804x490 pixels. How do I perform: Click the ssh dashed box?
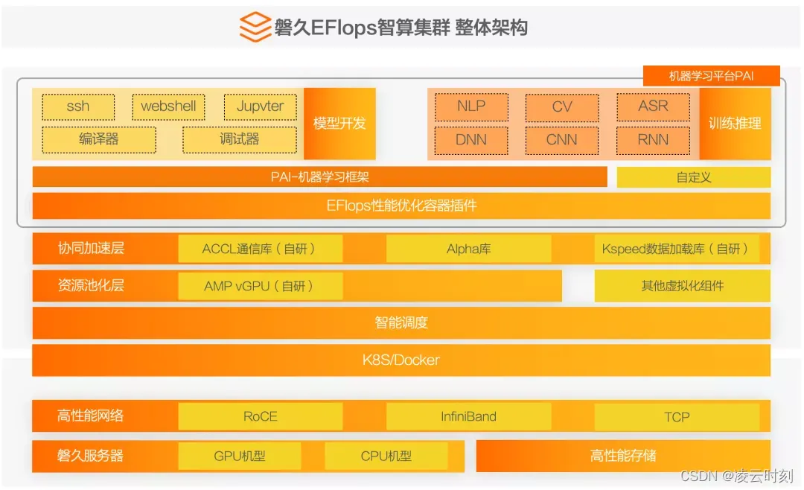[78, 106]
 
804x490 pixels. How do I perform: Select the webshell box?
[168, 106]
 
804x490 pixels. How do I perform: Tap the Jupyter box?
[260, 106]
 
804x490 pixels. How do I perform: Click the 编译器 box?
[99, 139]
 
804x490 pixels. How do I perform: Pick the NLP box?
[471, 106]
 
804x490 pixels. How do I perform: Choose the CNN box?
[562, 139]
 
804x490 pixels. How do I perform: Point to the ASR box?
[653, 106]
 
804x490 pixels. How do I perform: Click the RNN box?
[653, 139]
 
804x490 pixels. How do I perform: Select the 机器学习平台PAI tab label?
[711, 76]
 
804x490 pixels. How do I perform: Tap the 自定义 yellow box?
[693, 177]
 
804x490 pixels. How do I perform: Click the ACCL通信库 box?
[260, 249]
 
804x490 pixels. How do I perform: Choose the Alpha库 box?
[468, 249]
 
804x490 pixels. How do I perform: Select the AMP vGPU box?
[260, 286]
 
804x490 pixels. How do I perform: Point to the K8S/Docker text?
[401, 360]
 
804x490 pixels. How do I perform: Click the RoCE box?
[260, 416]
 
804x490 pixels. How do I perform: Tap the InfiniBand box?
[468, 416]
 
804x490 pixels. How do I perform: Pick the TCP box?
[677, 416]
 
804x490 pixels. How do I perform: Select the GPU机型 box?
[239, 456]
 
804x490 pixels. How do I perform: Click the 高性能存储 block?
[623, 456]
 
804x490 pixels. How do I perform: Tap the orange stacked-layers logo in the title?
[255, 28]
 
